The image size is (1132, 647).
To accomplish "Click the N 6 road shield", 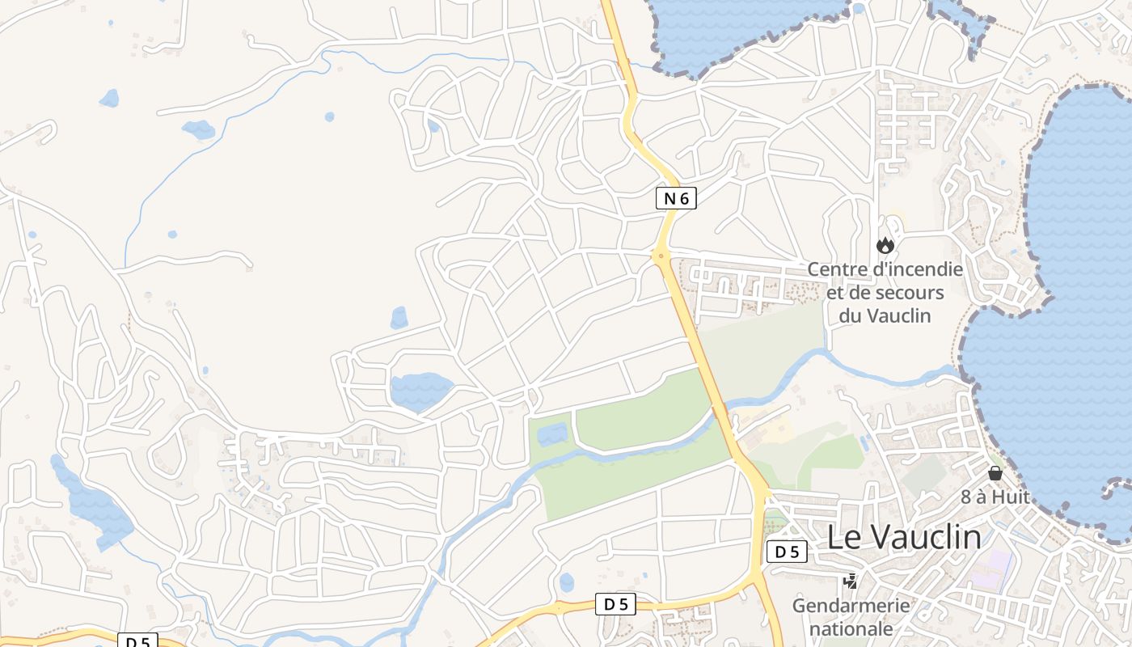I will (676, 198).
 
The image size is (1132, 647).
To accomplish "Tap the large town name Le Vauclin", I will (904, 538).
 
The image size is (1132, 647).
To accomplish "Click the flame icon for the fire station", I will (885, 244).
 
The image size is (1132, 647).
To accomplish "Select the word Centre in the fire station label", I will (835, 269).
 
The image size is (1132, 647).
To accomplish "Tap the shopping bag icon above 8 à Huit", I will (995, 473).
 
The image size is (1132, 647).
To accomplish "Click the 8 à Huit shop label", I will (995, 497).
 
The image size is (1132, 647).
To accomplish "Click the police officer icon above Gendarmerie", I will (850, 580).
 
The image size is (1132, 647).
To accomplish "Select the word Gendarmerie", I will (851, 605).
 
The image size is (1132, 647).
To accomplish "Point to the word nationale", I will (851, 628).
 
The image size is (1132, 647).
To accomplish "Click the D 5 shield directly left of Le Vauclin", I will (787, 552).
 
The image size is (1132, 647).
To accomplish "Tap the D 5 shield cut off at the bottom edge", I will (138, 641).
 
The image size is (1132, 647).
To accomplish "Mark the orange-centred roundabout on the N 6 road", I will (661, 256).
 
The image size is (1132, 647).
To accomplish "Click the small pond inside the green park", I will (552, 433).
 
